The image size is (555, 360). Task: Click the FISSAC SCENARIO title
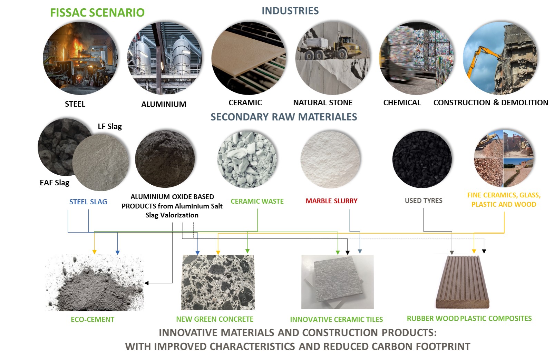tap(97, 12)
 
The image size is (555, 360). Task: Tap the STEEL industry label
tap(75, 104)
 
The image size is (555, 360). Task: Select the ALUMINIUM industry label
tap(164, 104)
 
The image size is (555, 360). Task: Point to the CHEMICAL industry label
tap(402, 103)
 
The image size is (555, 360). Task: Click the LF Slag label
tap(110, 126)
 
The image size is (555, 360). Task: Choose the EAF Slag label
tap(55, 183)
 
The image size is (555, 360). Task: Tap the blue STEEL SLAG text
tap(88, 202)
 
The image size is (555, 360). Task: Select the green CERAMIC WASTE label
tap(257, 201)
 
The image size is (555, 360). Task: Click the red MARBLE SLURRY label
tap(331, 201)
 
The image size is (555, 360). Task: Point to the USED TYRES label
tap(423, 201)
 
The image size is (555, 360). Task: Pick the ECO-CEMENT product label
tap(92, 320)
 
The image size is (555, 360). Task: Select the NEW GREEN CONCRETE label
tap(215, 319)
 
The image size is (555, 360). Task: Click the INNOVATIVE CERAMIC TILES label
tap(337, 320)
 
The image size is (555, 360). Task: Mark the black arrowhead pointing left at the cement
tap(147, 283)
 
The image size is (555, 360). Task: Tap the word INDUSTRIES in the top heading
tap(290, 11)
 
